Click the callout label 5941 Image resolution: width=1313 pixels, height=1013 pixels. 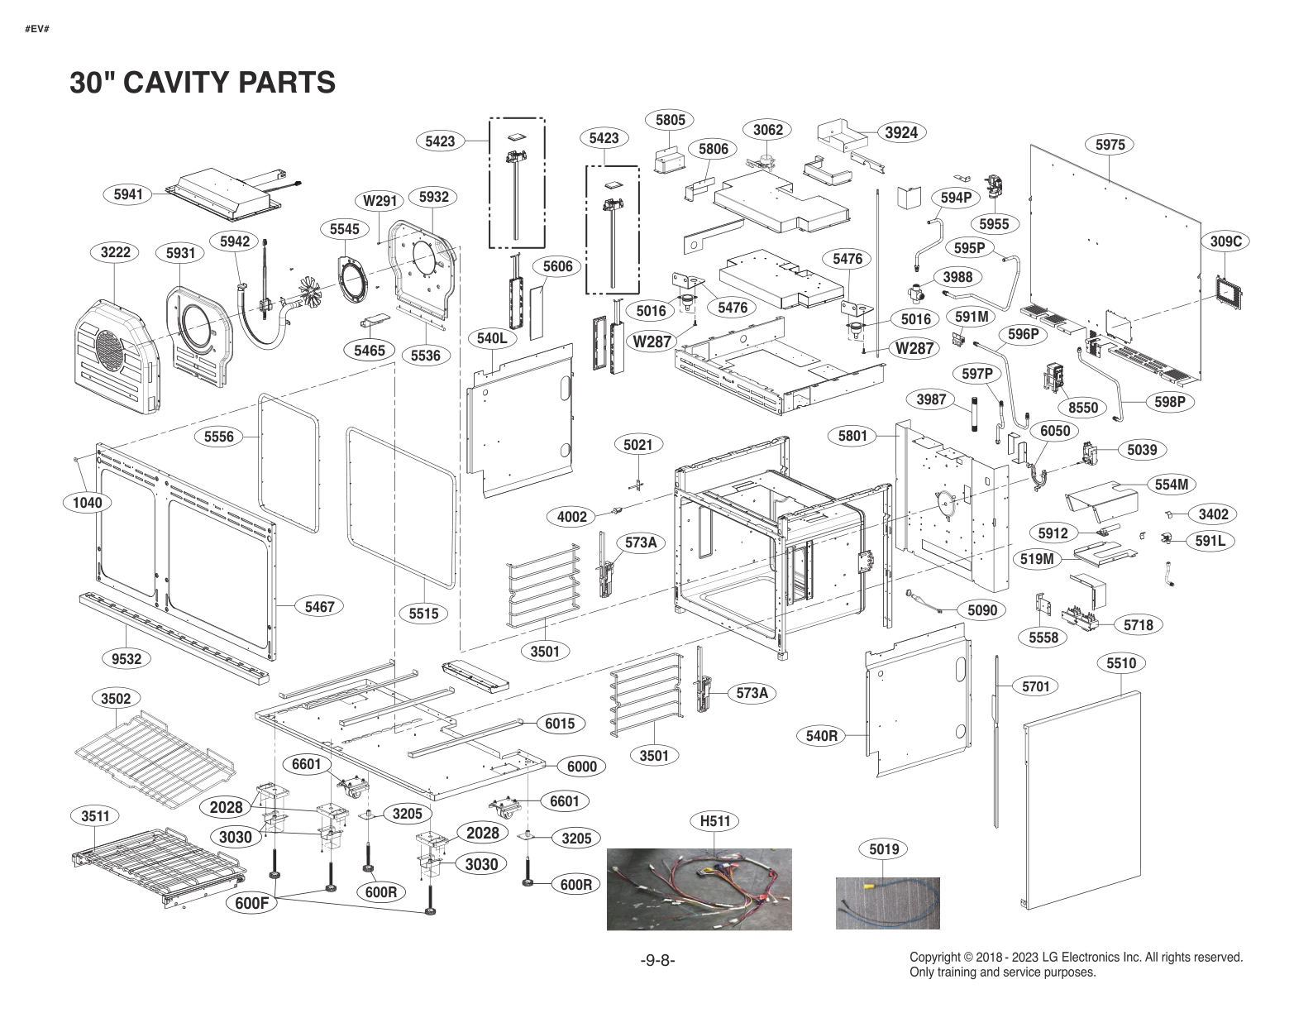[x=128, y=195]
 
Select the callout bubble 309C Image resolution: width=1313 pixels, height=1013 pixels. [x=1225, y=241]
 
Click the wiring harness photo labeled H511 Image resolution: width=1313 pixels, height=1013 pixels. [x=699, y=889]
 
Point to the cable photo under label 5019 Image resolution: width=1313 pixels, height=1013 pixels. [x=887, y=903]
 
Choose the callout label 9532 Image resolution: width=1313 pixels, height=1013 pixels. [x=127, y=659]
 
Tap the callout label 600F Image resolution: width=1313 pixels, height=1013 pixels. [x=251, y=904]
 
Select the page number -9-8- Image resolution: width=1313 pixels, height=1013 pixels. [x=657, y=960]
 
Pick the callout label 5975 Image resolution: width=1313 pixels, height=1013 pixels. [x=1110, y=145]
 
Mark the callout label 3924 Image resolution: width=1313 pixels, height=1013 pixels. [x=901, y=132]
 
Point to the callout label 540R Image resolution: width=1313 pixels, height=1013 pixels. [x=822, y=735]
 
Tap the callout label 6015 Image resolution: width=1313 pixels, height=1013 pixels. [x=560, y=724]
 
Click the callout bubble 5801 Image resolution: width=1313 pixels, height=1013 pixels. [x=852, y=436]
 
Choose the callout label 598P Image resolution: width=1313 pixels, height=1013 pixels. [x=1170, y=402]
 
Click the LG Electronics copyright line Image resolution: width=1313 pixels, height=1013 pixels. [x=1076, y=958]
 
